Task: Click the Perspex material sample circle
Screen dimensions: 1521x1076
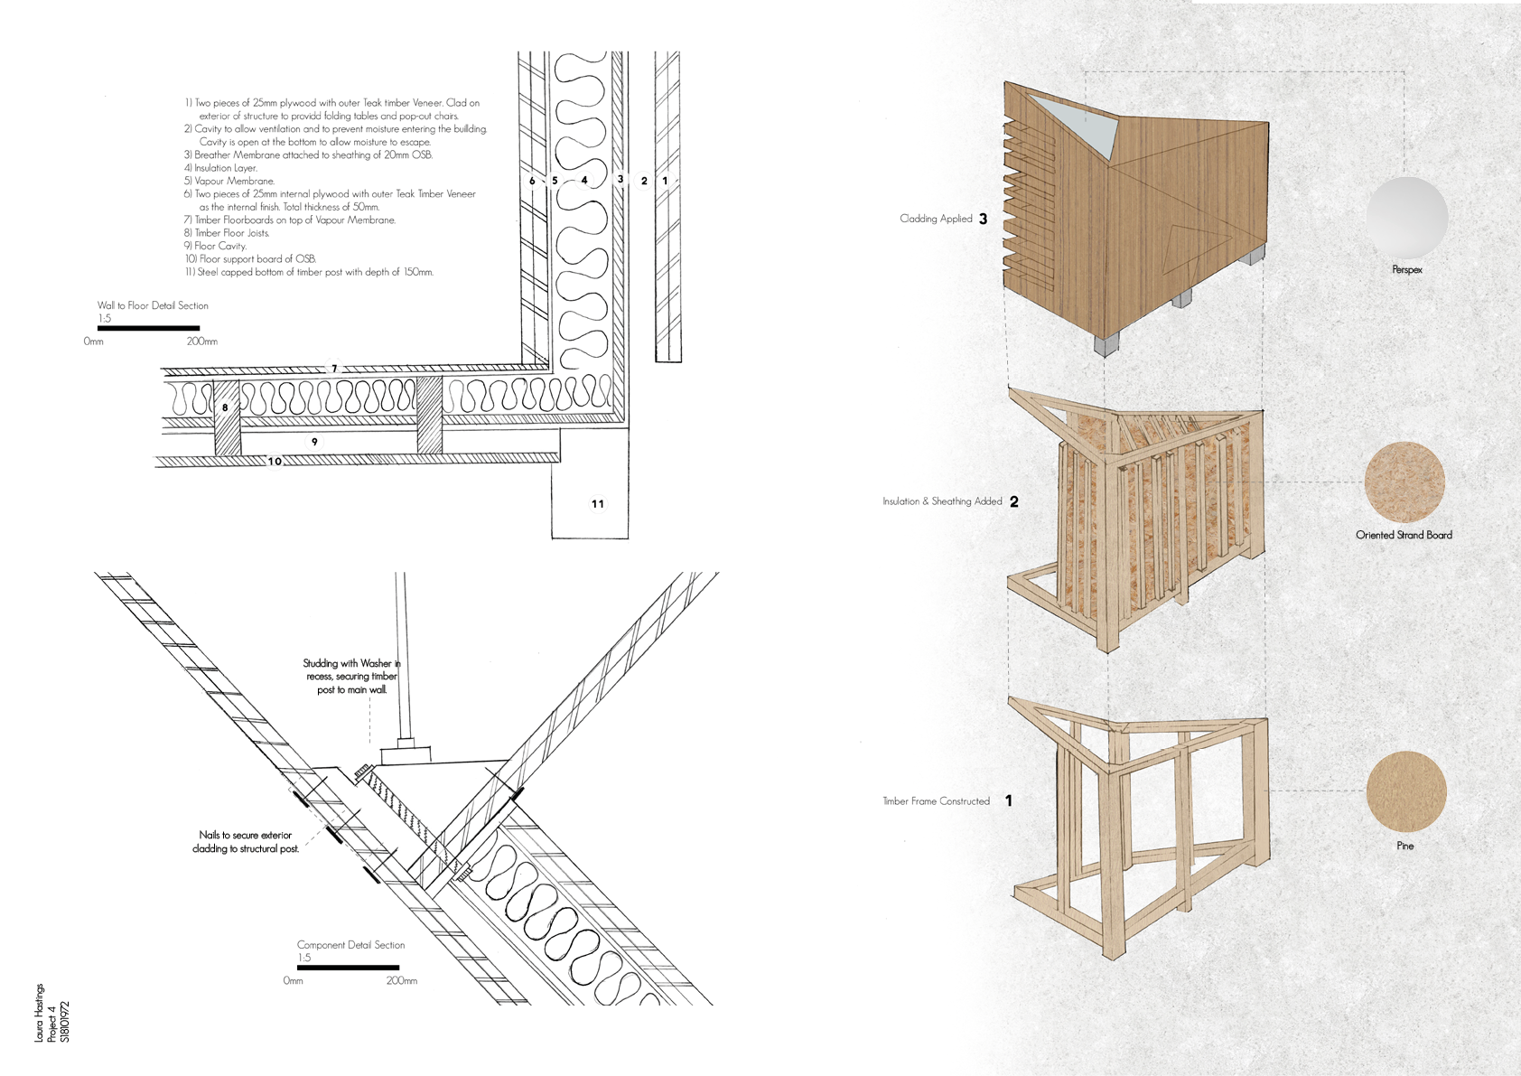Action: click(x=1406, y=218)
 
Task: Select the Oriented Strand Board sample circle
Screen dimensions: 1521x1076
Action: click(x=1404, y=482)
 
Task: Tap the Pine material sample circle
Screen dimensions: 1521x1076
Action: click(x=1405, y=791)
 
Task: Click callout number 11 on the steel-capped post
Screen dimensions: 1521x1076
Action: click(x=598, y=503)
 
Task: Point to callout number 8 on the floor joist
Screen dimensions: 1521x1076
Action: click(x=225, y=407)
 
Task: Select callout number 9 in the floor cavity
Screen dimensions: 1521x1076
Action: click(x=314, y=442)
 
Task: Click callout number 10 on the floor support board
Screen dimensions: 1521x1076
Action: click(x=275, y=462)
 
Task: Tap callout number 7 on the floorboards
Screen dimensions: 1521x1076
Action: click(x=333, y=369)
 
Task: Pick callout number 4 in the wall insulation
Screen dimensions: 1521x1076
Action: click(x=584, y=180)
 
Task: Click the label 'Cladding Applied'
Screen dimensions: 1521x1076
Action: click(x=936, y=219)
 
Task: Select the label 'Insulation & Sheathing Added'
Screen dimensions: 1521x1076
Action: click(x=942, y=501)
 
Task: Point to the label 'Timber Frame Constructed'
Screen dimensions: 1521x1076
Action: click(x=936, y=801)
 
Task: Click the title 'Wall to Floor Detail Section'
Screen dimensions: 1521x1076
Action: click(x=153, y=305)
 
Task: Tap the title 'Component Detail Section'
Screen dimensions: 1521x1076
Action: click(x=350, y=945)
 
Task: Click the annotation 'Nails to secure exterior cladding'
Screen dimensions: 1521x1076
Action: click(x=245, y=842)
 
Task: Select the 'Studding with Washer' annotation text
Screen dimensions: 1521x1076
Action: click(x=351, y=676)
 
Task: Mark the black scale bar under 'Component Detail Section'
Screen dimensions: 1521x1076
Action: click(x=348, y=968)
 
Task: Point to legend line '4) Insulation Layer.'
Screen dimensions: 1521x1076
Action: click(x=220, y=168)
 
